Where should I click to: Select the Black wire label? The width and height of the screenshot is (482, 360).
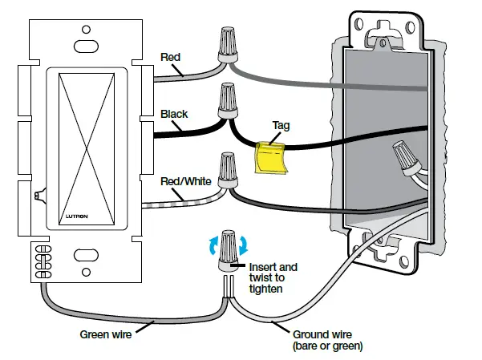tap(174, 114)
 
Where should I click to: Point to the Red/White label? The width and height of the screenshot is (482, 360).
tap(186, 182)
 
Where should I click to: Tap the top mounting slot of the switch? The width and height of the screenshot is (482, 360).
tap(83, 45)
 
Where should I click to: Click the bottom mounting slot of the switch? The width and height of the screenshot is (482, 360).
tap(83, 256)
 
